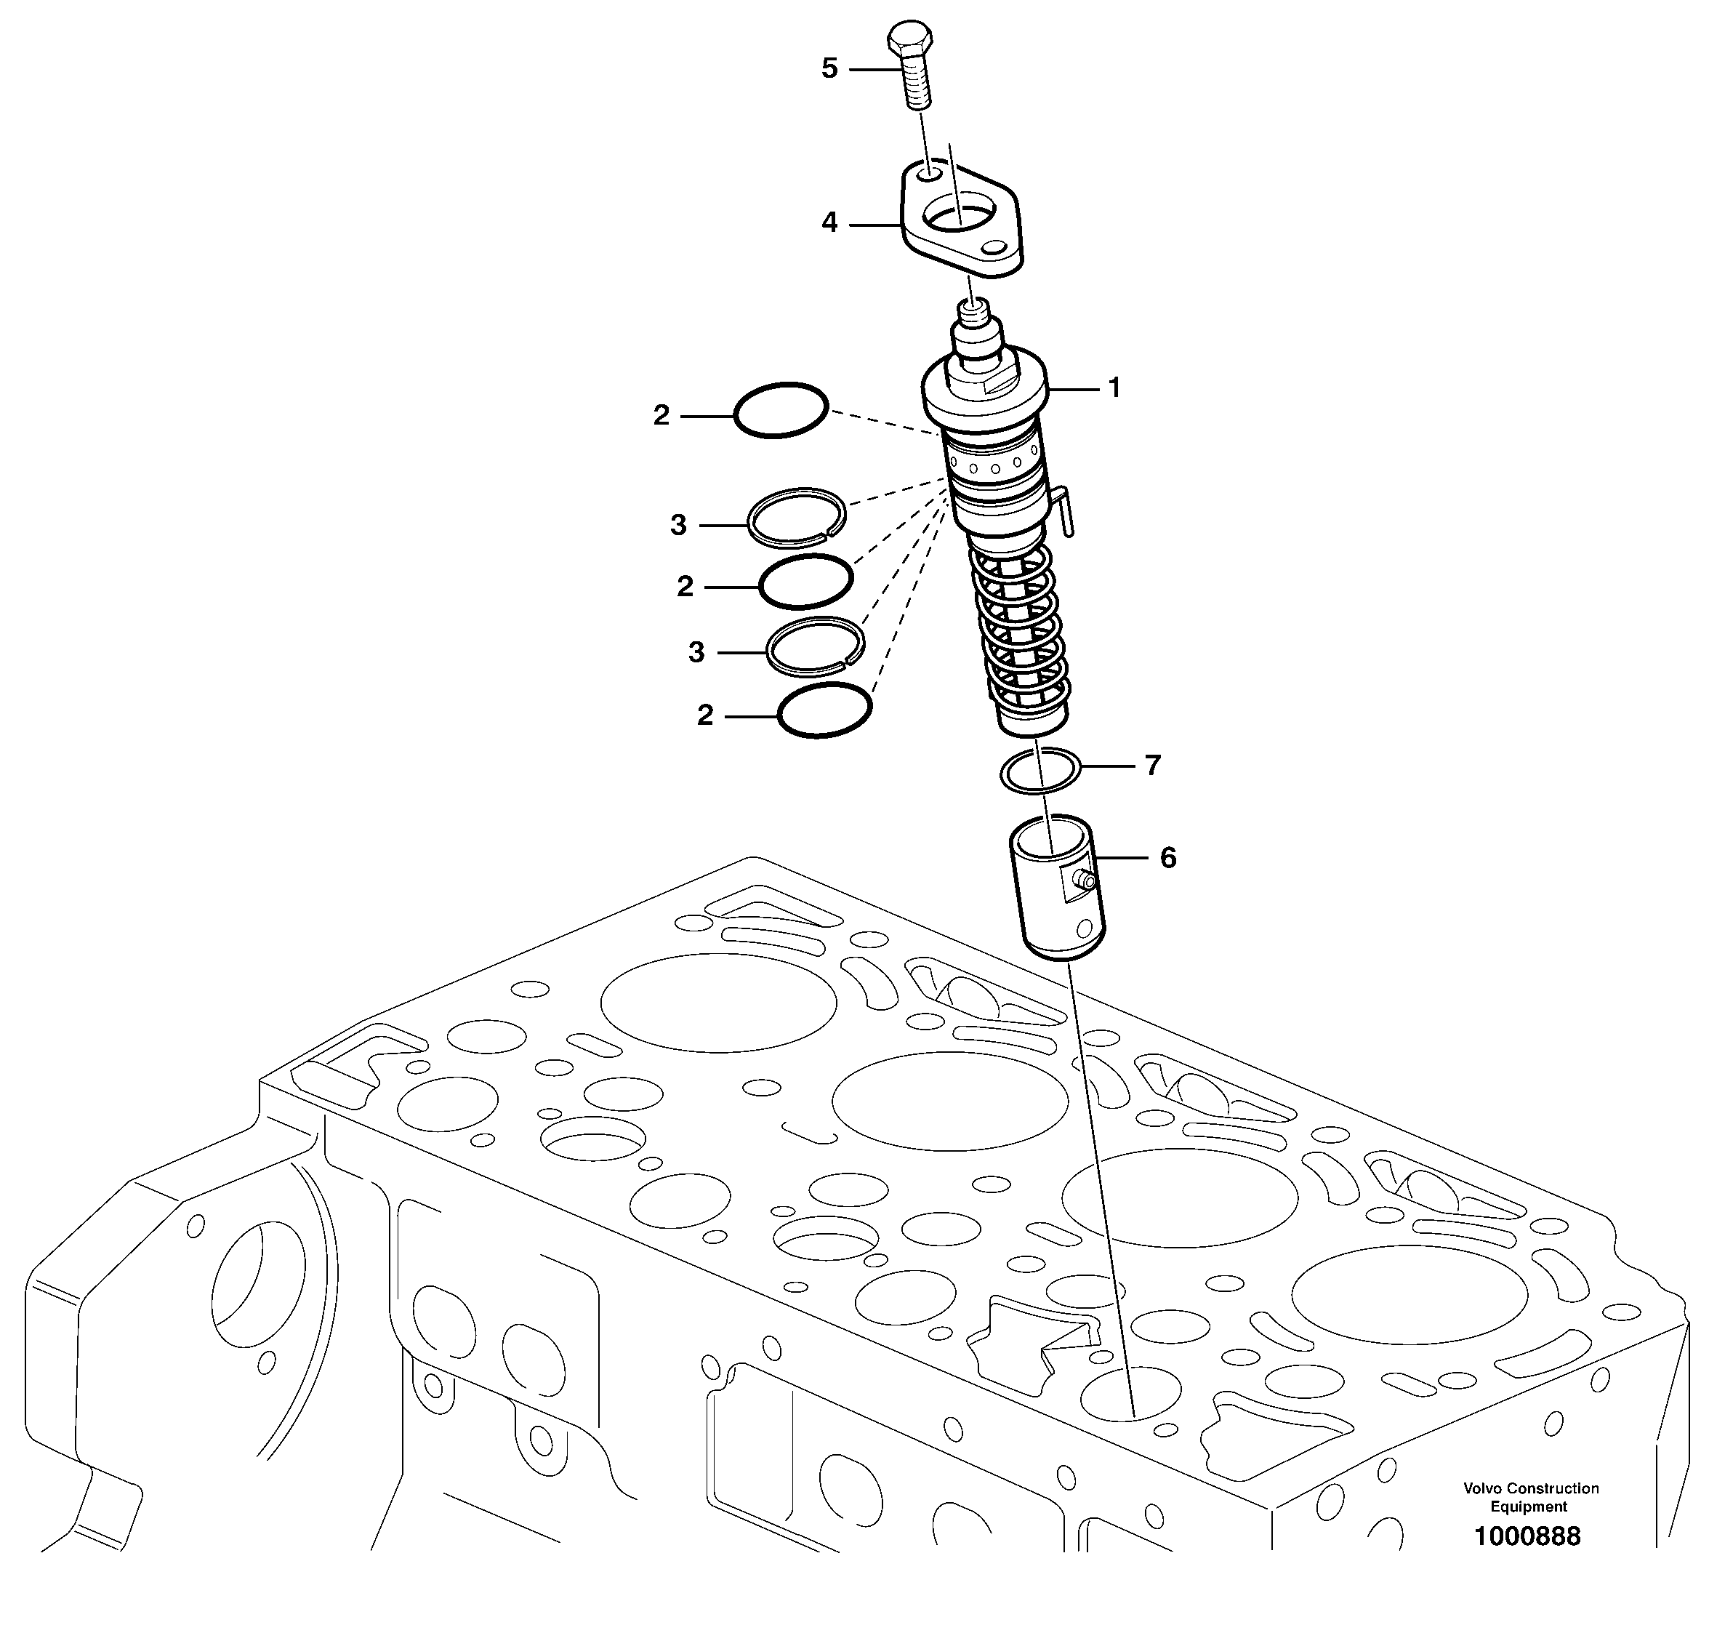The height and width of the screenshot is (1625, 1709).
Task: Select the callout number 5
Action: point(829,68)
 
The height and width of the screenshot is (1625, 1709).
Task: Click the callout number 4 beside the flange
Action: point(829,223)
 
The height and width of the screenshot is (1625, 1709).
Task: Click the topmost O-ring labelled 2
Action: point(781,410)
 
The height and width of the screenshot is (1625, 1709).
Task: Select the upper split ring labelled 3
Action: point(796,518)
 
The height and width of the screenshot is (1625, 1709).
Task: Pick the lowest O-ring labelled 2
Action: point(824,710)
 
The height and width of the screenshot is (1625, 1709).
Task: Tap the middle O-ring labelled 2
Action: point(805,581)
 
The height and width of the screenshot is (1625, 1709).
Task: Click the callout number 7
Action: point(1152,766)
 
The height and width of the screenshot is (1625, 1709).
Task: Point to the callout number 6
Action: point(1167,859)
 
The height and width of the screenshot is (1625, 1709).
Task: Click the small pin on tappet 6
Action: point(1084,881)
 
